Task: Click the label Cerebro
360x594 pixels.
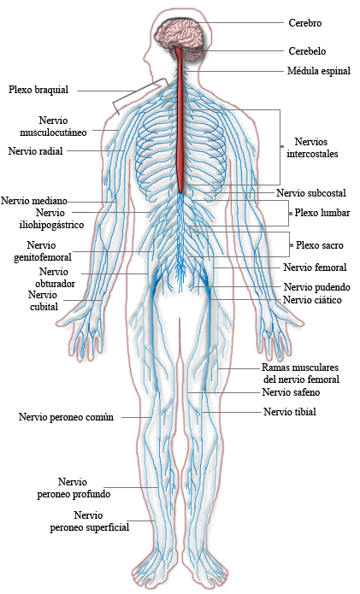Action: coord(305,23)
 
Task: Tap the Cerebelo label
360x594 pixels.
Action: coord(307,51)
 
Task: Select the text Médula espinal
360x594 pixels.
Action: coord(319,71)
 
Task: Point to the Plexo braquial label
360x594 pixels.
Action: coord(38,90)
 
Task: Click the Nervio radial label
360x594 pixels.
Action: coord(35,151)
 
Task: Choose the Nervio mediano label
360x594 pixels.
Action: coord(34,201)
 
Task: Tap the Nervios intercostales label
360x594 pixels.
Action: coord(312,148)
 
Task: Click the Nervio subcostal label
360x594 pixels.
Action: coord(311,193)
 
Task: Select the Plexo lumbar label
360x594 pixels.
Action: coord(322,213)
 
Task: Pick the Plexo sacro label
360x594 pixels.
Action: coord(320,245)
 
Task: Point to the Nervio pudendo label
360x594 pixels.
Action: coord(316,287)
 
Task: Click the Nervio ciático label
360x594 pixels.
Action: coord(312,300)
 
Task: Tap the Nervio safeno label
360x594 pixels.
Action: coord(291,392)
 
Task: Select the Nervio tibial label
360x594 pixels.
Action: coord(290,412)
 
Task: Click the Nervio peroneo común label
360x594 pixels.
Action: coord(67,417)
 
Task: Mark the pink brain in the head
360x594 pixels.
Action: coord(180,33)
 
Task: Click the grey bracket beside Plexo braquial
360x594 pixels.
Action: coord(141,95)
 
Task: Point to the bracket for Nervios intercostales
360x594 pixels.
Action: coord(280,147)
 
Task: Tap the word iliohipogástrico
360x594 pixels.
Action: coord(51,225)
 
